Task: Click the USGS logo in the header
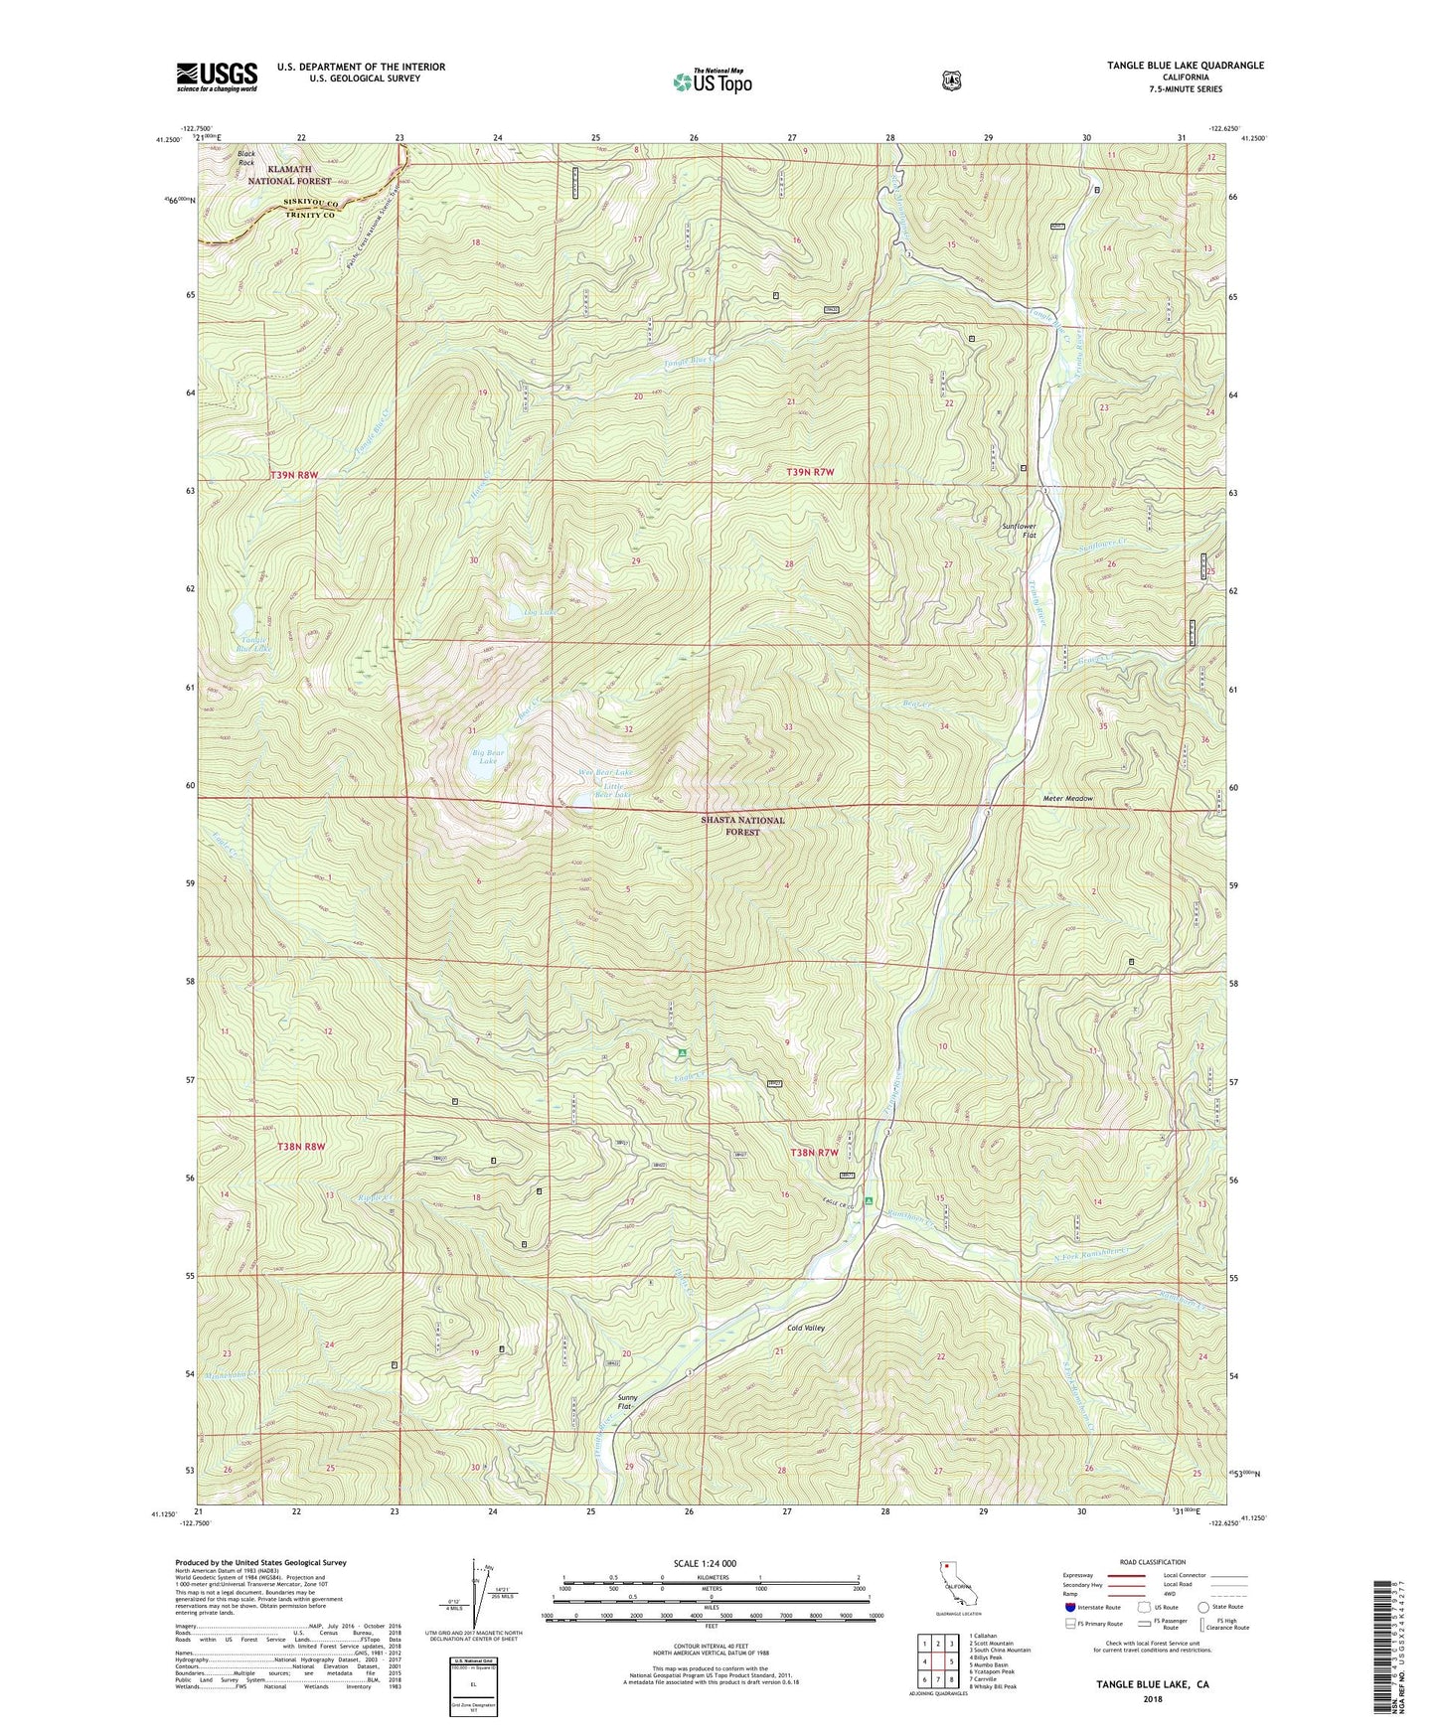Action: pos(217,77)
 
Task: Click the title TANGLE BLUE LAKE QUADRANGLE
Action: pos(1186,66)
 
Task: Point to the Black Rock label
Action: pos(245,158)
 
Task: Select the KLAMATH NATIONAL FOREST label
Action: pos(290,176)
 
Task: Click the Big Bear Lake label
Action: pos(488,757)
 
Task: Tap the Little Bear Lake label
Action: pos(612,791)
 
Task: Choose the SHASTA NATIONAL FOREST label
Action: pos(742,826)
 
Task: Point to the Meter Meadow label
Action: pos(1067,798)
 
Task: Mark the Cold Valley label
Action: pos(805,1328)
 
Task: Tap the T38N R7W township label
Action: pos(814,1152)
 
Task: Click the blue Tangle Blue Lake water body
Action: pos(243,620)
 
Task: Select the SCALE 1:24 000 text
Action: pos(705,1563)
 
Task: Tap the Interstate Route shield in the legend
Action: pos(1069,1606)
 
